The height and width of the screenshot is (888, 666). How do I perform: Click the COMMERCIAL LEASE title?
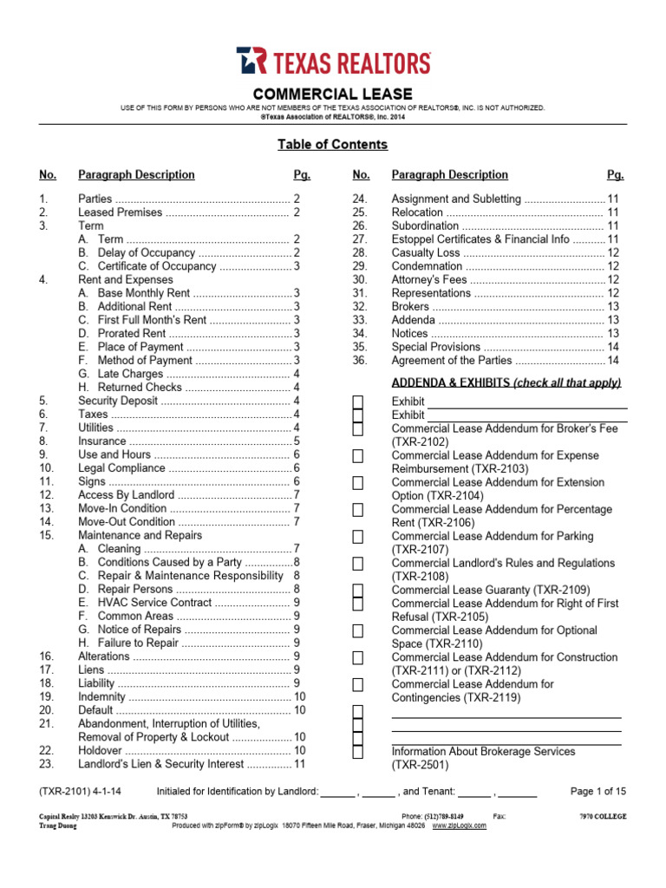coord(333,94)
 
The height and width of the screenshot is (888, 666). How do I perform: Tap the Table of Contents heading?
coord(332,145)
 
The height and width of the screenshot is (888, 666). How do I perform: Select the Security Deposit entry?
coord(118,401)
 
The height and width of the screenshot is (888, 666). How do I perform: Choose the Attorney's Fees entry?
coord(428,279)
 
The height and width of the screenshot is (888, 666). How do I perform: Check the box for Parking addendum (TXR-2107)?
coord(357,537)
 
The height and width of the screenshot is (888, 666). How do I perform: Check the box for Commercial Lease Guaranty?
coord(357,590)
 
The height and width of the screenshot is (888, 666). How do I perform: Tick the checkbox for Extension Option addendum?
coord(357,483)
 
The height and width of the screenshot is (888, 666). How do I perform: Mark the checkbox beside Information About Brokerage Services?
coord(357,752)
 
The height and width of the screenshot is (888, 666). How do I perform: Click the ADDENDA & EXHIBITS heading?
coord(506,382)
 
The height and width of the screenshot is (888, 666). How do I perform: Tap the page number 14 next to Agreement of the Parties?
coord(613,360)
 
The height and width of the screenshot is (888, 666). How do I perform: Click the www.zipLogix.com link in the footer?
coord(459,826)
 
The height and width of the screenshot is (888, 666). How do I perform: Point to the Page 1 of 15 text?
coord(597,791)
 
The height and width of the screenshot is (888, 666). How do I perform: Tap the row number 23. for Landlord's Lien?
coord(47,764)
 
